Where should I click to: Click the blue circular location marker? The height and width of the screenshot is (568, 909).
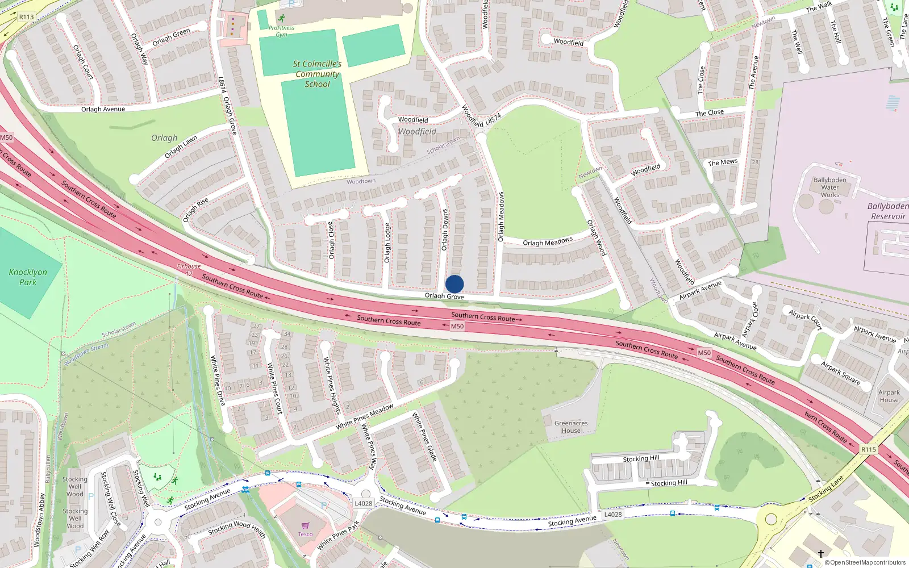click(454, 284)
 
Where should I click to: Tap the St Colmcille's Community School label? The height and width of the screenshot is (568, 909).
click(317, 74)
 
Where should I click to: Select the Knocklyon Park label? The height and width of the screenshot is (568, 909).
click(28, 277)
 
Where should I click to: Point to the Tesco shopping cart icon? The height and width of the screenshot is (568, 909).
click(306, 525)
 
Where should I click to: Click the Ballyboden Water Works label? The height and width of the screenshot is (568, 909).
click(829, 187)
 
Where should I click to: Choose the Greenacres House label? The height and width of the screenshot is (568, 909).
click(571, 427)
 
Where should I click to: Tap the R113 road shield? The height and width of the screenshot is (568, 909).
click(26, 17)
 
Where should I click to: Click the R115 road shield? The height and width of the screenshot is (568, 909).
click(868, 449)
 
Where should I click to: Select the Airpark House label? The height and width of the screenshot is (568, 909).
click(889, 396)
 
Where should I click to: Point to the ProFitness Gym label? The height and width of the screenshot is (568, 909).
click(281, 31)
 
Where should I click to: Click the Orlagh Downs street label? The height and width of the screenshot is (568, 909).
click(445, 230)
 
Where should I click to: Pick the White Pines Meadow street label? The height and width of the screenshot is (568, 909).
click(365, 417)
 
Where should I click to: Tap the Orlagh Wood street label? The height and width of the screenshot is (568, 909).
click(596, 237)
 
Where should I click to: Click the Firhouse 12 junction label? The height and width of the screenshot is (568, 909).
click(189, 269)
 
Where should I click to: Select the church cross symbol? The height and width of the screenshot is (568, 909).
click(820, 553)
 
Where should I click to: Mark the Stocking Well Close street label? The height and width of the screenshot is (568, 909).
click(111, 498)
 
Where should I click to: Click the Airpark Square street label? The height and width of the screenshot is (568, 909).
click(841, 373)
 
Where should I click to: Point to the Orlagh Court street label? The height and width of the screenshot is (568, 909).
click(83, 62)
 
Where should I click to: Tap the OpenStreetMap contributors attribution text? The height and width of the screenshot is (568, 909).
click(865, 563)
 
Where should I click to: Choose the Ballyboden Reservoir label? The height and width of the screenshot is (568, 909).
click(888, 211)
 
